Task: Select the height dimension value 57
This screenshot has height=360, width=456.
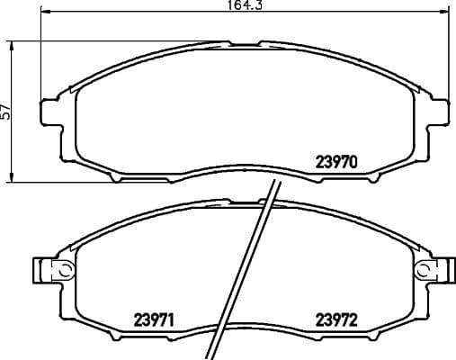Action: [x=6, y=112]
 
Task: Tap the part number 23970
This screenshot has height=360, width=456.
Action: [x=336, y=163]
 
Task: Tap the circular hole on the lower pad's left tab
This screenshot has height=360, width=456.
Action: [x=64, y=268]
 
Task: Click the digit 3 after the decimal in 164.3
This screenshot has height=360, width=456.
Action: [x=260, y=6]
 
